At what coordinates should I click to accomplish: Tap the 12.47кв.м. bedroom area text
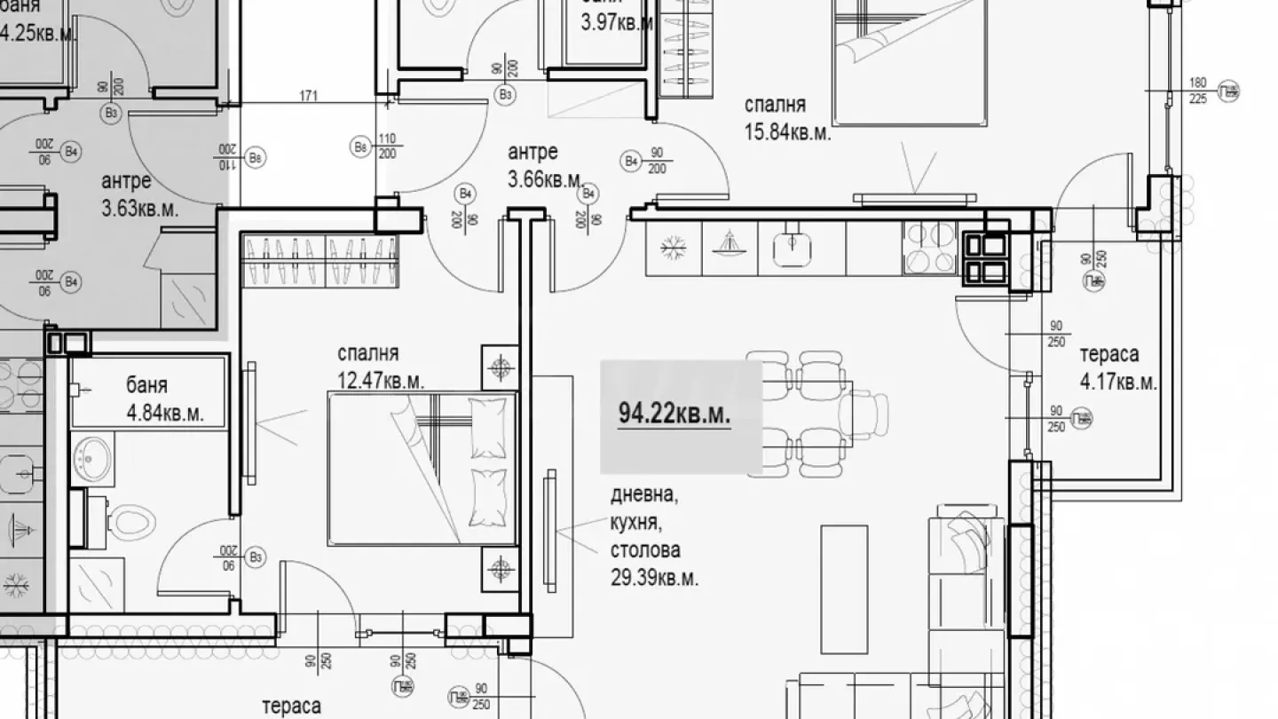tap(381, 382)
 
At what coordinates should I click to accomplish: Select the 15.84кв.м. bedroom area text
tap(786, 132)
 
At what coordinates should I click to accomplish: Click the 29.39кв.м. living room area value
tap(654, 579)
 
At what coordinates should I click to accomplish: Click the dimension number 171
tap(309, 95)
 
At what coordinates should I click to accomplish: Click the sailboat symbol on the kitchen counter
tap(730, 245)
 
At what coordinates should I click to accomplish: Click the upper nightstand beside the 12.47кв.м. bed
tap(500, 366)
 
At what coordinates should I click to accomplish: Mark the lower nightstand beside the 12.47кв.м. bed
tap(500, 567)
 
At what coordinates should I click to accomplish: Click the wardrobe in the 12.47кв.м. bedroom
tap(319, 261)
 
